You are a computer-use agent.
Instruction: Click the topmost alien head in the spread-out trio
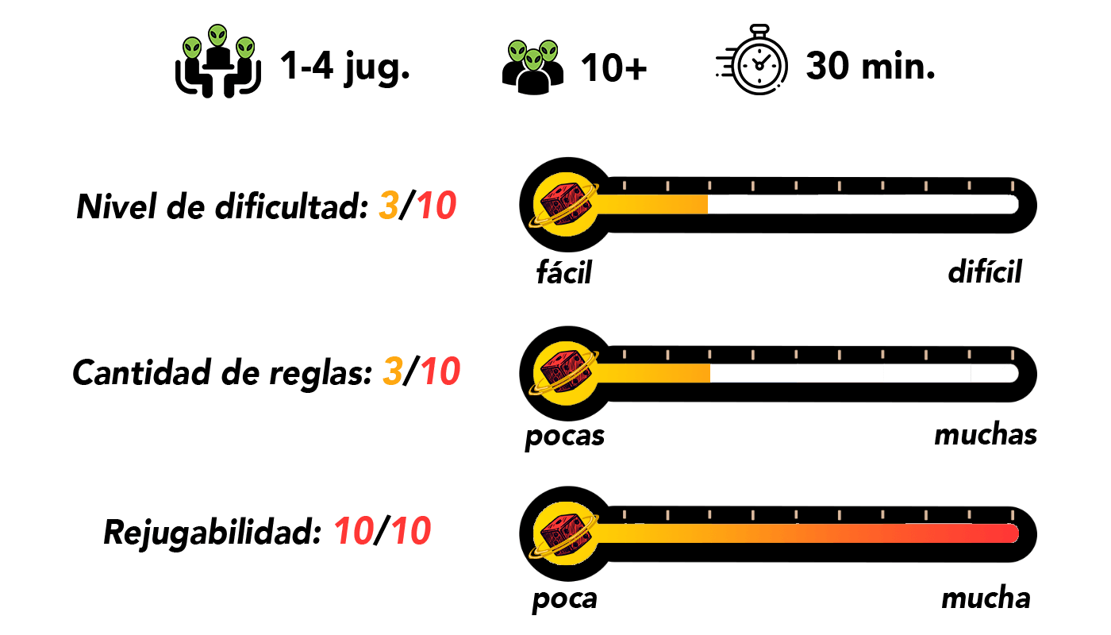[217, 35]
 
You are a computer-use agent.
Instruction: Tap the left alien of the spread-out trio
[192, 48]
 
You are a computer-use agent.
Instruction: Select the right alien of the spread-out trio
[245, 48]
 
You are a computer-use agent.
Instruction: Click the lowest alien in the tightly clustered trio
[533, 60]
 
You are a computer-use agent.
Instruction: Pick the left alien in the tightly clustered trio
[517, 52]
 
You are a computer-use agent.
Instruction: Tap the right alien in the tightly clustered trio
[548, 52]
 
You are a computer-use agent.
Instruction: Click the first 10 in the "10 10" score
[354, 531]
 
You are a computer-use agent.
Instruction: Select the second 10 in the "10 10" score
[411, 531]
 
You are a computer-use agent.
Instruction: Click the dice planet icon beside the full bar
[565, 533]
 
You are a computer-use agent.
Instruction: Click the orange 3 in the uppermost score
[389, 206]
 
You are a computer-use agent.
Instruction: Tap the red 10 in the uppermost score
[436, 206]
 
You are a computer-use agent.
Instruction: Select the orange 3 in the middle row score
[393, 371]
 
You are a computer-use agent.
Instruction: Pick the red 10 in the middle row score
[440, 371]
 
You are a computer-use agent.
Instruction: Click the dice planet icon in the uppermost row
[565, 204]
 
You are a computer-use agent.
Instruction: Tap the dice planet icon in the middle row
[565, 373]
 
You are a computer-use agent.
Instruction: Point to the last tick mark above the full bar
[1012, 515]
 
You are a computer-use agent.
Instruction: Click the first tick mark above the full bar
[625, 515]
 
